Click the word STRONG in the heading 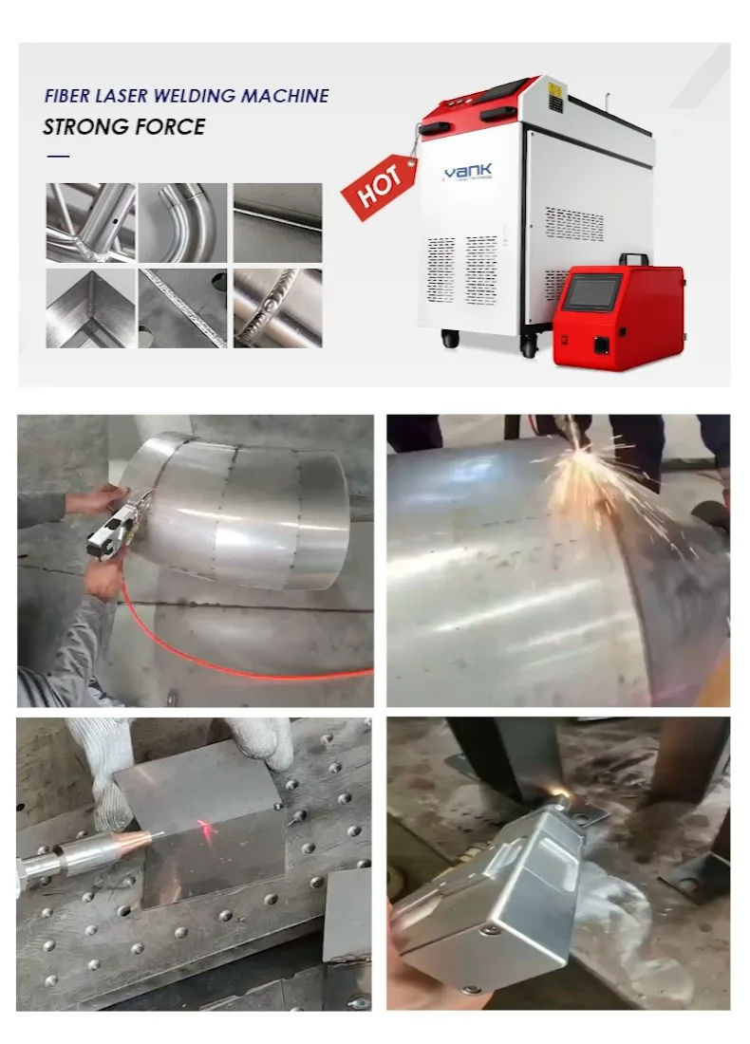pyautogui.click(x=84, y=126)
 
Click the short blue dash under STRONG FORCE pyautogui.click(x=58, y=155)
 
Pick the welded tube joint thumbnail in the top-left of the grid pyautogui.click(x=89, y=222)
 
